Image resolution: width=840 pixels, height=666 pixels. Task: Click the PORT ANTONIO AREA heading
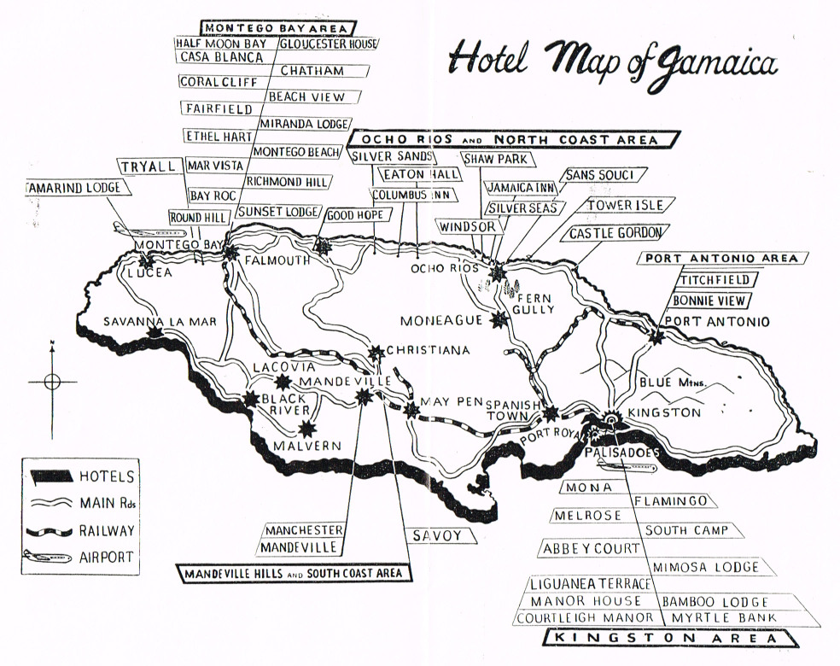click(721, 258)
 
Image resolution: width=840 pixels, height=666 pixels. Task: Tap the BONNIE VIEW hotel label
click(710, 301)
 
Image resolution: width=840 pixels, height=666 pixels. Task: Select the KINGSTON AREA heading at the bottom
click(671, 638)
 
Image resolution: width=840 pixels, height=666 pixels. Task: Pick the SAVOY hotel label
click(436, 535)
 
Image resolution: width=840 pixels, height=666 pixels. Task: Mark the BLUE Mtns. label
click(672, 383)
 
